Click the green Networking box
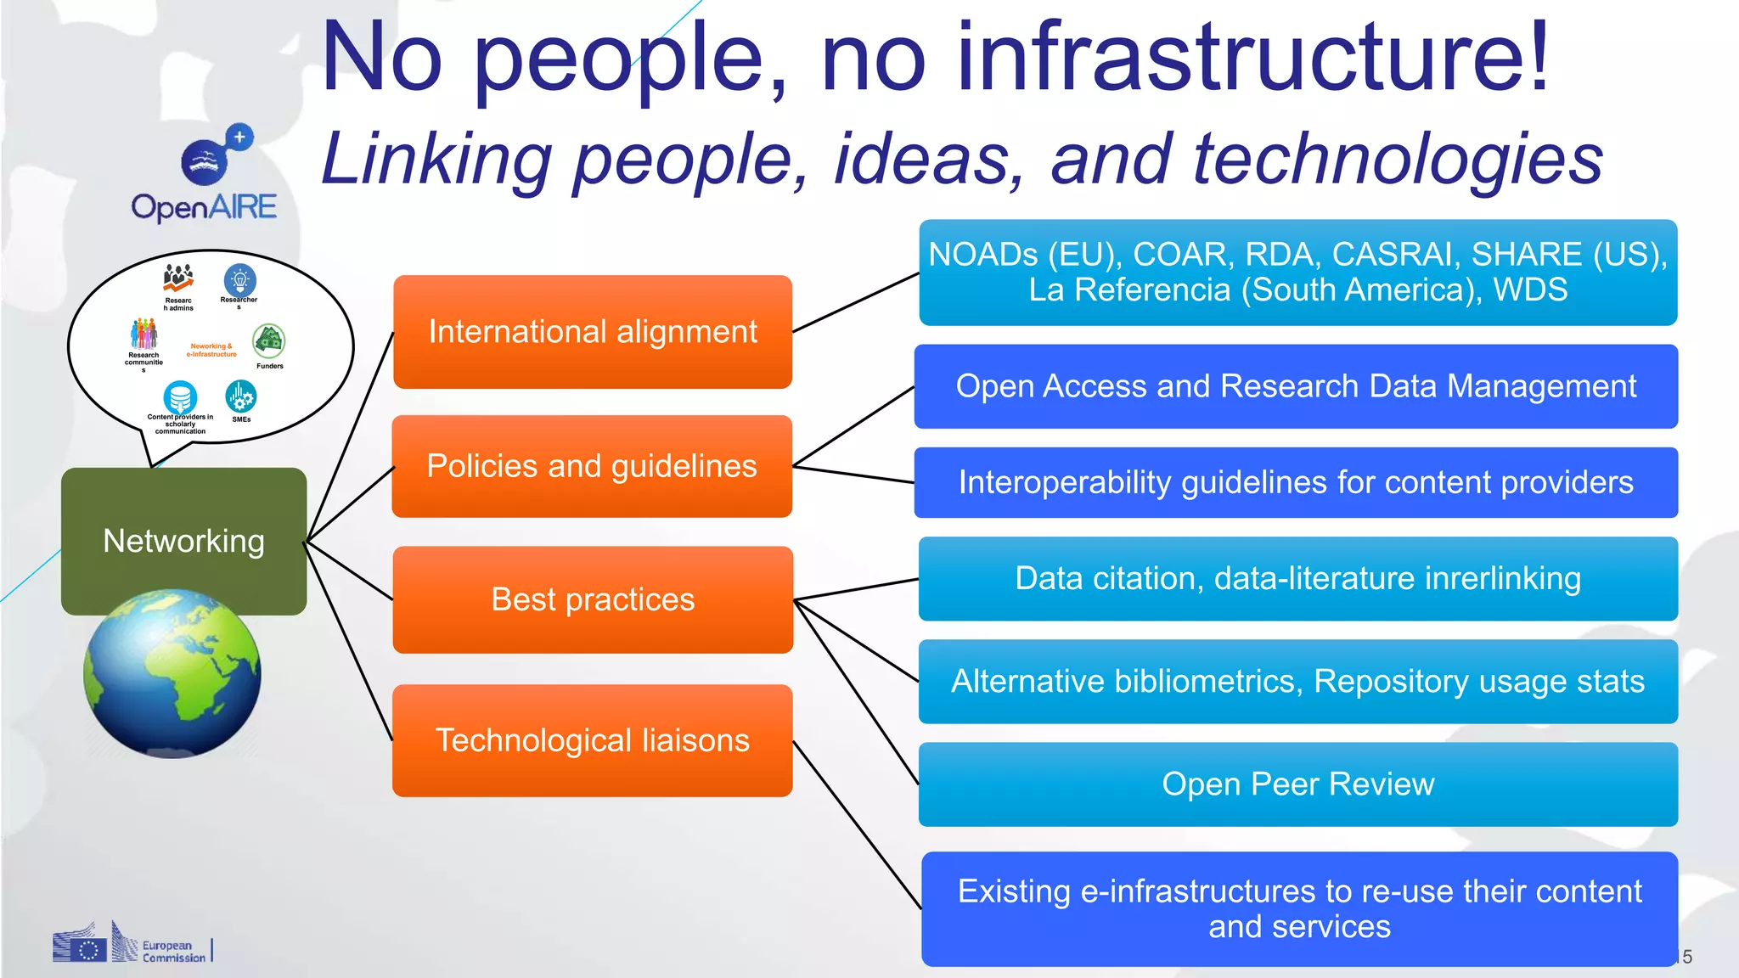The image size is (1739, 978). (183, 541)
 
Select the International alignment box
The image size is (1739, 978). (593, 332)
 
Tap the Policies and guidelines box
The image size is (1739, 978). (592, 466)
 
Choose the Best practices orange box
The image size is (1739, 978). (593, 599)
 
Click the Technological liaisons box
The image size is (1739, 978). (593, 740)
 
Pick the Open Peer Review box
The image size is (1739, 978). (1297, 784)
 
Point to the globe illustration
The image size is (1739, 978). (172, 673)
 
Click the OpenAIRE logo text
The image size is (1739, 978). (204, 207)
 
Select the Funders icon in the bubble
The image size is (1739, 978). (269, 341)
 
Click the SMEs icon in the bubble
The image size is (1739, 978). (241, 397)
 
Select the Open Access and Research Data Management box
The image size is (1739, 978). (1296, 386)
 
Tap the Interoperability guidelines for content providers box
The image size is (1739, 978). (1296, 482)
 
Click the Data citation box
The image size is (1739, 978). (1297, 578)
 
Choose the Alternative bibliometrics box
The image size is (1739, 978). (1297, 681)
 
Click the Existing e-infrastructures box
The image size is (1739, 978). (1299, 908)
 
